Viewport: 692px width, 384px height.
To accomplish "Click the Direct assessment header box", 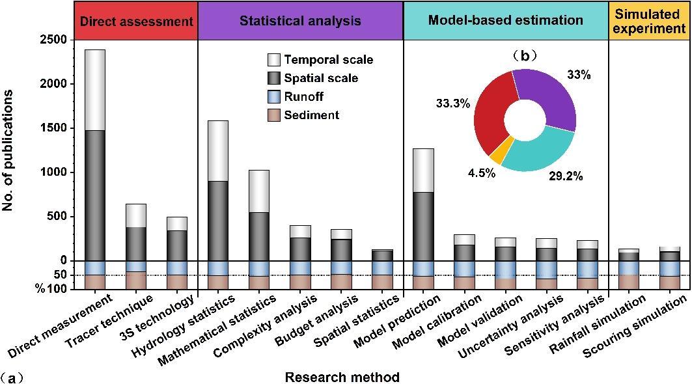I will [136, 21].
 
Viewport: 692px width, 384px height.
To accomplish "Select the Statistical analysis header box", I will [300, 21].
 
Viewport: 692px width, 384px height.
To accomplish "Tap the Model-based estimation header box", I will [506, 21].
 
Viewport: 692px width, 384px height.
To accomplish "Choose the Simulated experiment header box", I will [649, 21].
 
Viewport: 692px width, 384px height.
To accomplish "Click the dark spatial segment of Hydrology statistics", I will [217, 221].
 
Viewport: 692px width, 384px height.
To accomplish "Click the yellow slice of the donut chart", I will [497, 156].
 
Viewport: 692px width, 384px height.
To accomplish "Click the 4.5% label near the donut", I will [482, 173].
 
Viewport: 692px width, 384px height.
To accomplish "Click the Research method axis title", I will [342, 377].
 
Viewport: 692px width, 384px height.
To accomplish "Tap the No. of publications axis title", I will [8, 150].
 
